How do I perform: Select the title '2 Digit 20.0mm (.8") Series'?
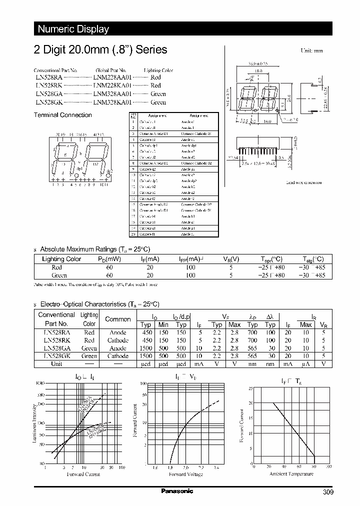(100, 49)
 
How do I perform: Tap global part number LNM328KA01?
(112, 102)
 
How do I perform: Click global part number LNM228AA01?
(112, 78)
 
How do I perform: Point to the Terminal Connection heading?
(62, 115)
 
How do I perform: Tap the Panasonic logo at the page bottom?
(176, 491)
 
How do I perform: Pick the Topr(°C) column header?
(271, 259)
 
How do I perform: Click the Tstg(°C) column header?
(312, 259)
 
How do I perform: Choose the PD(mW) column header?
(109, 259)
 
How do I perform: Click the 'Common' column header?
(118, 319)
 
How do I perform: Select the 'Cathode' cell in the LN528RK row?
(118, 340)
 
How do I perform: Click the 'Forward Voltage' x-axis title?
(185, 474)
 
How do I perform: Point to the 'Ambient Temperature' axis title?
(291, 473)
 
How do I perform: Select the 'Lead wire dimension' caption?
(304, 183)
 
